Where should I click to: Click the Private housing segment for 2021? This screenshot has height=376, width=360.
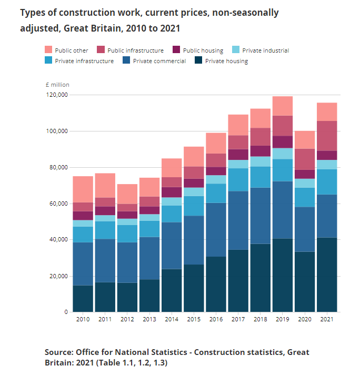click(326, 275)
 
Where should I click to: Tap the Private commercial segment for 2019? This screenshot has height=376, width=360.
click(282, 210)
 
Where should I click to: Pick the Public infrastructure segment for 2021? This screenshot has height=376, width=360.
click(326, 136)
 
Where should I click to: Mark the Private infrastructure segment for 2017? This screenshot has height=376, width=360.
click(238, 179)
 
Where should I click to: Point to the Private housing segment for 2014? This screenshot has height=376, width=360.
click(171, 290)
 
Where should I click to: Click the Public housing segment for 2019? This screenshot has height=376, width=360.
click(282, 142)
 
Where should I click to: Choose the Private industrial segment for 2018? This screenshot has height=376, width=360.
click(260, 161)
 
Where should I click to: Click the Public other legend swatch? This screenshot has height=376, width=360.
click(48, 50)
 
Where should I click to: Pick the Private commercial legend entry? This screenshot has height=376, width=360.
click(159, 61)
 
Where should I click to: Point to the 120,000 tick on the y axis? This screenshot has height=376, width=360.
click(56, 95)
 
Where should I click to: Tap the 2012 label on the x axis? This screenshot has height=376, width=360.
click(127, 319)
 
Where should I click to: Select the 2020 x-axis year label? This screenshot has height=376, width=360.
click(304, 319)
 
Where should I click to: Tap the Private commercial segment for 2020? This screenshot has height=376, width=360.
click(304, 229)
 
